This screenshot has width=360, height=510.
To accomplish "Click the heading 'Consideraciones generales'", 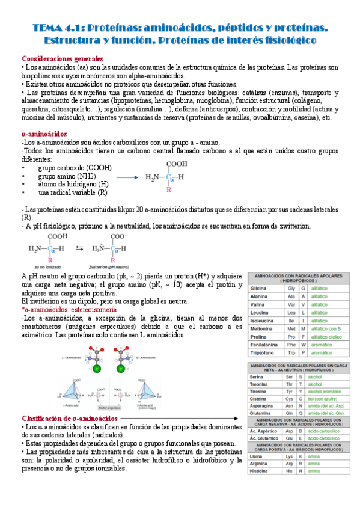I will point(62,58).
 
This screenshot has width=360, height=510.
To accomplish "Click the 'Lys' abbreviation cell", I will point(290,455).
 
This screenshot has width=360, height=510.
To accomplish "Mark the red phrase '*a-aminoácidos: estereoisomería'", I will point(69,309).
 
